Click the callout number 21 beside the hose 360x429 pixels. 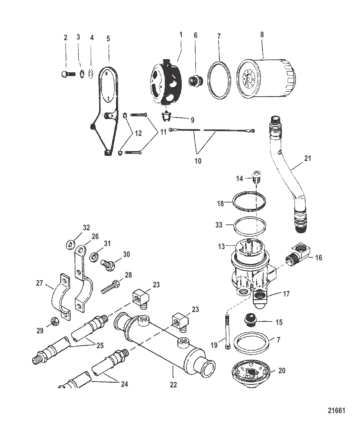pos(307,158)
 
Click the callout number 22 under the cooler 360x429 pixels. pos(173,385)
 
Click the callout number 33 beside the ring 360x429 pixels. pos(219,225)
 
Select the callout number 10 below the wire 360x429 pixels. pos(198,161)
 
